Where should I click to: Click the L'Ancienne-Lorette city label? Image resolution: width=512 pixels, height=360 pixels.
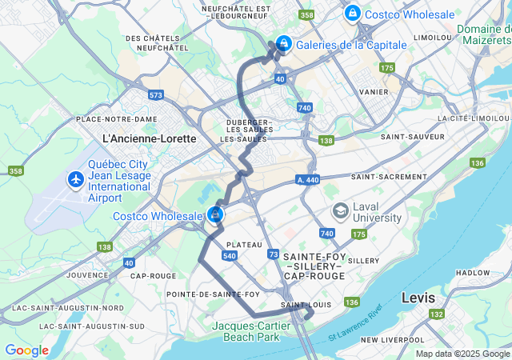pyautogui.click(x=150, y=138)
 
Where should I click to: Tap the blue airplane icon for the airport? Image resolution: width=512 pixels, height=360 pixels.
pyautogui.click(x=77, y=179)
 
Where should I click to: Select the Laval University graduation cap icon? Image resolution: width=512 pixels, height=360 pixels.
pyautogui.click(x=340, y=210)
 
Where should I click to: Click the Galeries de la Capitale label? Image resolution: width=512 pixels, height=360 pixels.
pyautogui.click(x=350, y=45)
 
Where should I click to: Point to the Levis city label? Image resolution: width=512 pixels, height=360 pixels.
pyautogui.click(x=419, y=298)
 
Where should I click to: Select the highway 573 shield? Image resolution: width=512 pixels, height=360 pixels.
pyautogui.click(x=155, y=95)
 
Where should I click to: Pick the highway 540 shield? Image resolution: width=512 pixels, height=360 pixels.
pyautogui.click(x=230, y=256)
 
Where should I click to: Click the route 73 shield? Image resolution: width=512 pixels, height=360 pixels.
pyautogui.click(x=274, y=254)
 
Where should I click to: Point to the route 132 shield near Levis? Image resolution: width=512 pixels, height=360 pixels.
pyautogui.click(x=438, y=314)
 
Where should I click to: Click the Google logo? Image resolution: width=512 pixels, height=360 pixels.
pyautogui.click(x=26, y=350)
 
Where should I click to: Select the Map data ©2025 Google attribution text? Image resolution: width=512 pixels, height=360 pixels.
pyautogui.click(x=462, y=354)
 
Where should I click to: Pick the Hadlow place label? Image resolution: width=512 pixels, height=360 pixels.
pyautogui.click(x=472, y=273)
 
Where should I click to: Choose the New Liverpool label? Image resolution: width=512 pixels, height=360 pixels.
pyautogui.click(x=391, y=340)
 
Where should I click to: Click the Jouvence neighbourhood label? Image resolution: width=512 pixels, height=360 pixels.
pyautogui.click(x=88, y=274)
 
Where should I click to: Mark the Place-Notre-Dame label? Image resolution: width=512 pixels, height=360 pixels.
pyautogui.click(x=116, y=119)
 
